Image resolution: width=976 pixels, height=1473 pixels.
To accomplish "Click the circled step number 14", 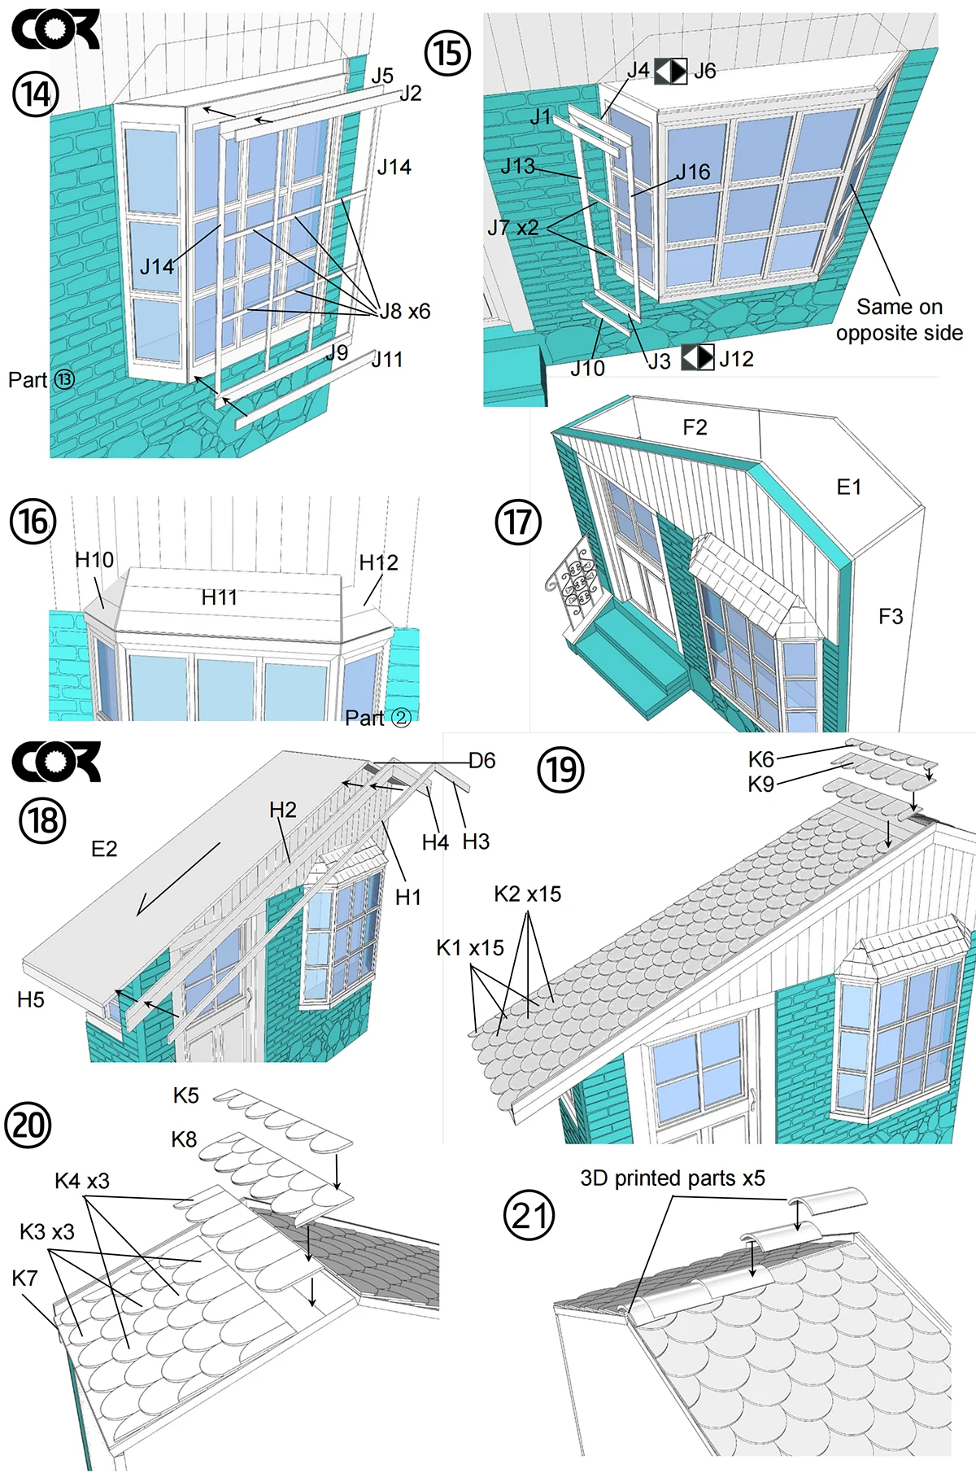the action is [x=36, y=94].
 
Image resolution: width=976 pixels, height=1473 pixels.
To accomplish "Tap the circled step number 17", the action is [x=518, y=522].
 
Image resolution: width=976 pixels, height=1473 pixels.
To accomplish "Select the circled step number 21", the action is [x=529, y=1216].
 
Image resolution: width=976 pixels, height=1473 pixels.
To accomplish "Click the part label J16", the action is [x=693, y=172].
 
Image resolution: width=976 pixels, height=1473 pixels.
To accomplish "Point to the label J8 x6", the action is [x=405, y=311].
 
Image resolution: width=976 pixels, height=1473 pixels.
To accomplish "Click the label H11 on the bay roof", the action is [x=220, y=597].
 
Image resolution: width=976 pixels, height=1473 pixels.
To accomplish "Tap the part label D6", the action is [x=481, y=761].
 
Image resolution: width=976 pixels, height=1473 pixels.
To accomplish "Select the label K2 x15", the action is [x=528, y=894].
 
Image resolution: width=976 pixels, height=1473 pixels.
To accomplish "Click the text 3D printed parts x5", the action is [x=673, y=1178].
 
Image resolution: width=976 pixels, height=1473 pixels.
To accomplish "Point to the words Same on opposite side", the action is [x=900, y=320].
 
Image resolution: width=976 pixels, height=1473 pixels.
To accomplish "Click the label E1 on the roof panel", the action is [x=849, y=487].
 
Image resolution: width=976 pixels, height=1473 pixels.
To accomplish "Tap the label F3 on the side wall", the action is [x=891, y=617].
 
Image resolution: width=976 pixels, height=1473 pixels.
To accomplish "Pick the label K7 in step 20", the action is [x=24, y=1278].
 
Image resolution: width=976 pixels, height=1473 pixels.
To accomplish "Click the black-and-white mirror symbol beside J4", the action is [x=671, y=71].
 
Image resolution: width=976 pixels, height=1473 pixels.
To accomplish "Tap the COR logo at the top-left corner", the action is [x=55, y=29].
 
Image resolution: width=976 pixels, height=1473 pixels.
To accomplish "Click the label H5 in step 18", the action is [x=31, y=999].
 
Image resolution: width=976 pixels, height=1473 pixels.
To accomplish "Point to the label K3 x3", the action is [x=47, y=1231].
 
